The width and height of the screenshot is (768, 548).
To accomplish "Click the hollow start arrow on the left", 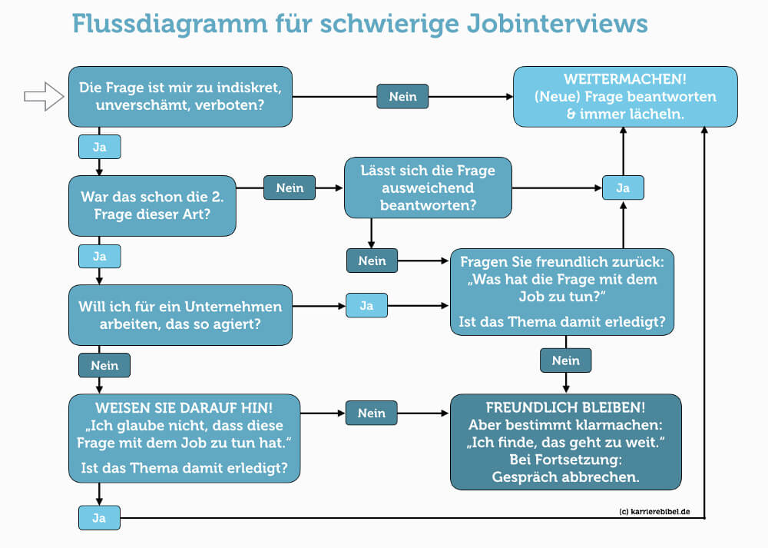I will [43, 96].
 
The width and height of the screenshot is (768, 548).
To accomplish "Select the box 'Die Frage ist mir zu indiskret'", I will [180, 96].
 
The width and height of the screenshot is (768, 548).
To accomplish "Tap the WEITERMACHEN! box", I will [625, 96].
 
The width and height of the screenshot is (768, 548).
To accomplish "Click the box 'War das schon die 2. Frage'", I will [152, 206].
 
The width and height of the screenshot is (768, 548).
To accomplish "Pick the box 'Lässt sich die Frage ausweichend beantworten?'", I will [428, 188].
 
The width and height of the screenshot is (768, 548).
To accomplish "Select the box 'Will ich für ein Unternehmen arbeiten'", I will [180, 315].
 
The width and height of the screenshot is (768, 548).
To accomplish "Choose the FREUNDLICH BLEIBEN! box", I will [565, 441].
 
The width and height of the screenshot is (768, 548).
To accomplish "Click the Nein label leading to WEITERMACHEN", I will [402, 97].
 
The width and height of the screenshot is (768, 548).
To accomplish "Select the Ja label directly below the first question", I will [99, 145].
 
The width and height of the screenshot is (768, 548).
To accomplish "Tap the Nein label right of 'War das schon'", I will [290, 188].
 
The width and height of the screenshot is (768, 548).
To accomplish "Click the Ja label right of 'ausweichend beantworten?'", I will [623, 188].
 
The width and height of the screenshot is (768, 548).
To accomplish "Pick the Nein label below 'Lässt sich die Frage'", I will [372, 261].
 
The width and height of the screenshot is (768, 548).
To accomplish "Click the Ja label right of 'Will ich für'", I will [366, 304].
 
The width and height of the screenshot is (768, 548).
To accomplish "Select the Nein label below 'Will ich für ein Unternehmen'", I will [104, 364].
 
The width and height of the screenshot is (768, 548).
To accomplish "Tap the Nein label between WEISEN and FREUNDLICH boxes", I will [371, 413].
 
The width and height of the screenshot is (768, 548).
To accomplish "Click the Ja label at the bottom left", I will [99, 518].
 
